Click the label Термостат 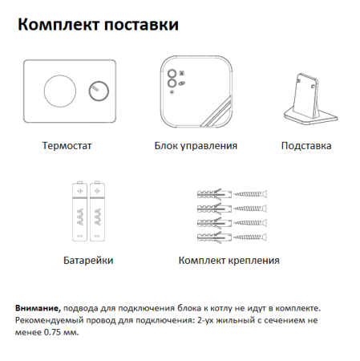[69, 147]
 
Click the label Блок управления [196, 147]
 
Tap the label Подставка [306, 147]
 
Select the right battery [98, 212]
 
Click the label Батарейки [87, 261]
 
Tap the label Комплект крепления [229, 261]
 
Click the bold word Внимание [37, 307]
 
